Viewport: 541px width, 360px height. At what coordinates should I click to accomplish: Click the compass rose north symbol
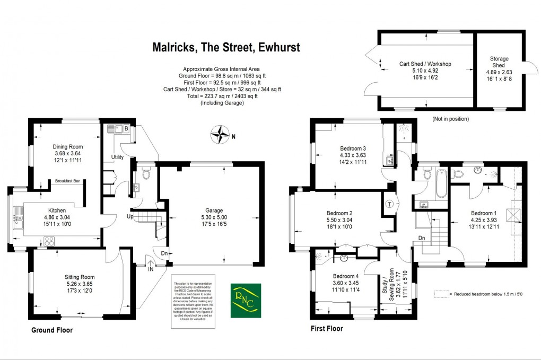pyautogui.click(x=218, y=135)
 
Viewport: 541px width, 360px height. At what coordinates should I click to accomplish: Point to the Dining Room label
pyautogui.click(x=68, y=146)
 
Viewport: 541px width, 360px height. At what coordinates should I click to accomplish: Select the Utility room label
pyautogui.click(x=117, y=157)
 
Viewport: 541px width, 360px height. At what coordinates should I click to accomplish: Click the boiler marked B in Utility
pyautogui.click(x=126, y=128)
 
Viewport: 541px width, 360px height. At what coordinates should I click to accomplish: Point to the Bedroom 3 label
pyautogui.click(x=353, y=148)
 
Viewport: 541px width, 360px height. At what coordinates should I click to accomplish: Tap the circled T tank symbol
pyautogui.click(x=389, y=204)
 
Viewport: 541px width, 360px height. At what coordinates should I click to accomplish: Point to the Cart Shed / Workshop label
pyautogui.click(x=425, y=64)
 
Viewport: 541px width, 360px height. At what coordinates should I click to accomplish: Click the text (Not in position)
pyautogui.click(x=450, y=119)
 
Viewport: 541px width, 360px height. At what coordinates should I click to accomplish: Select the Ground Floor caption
pyautogui.click(x=51, y=330)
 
